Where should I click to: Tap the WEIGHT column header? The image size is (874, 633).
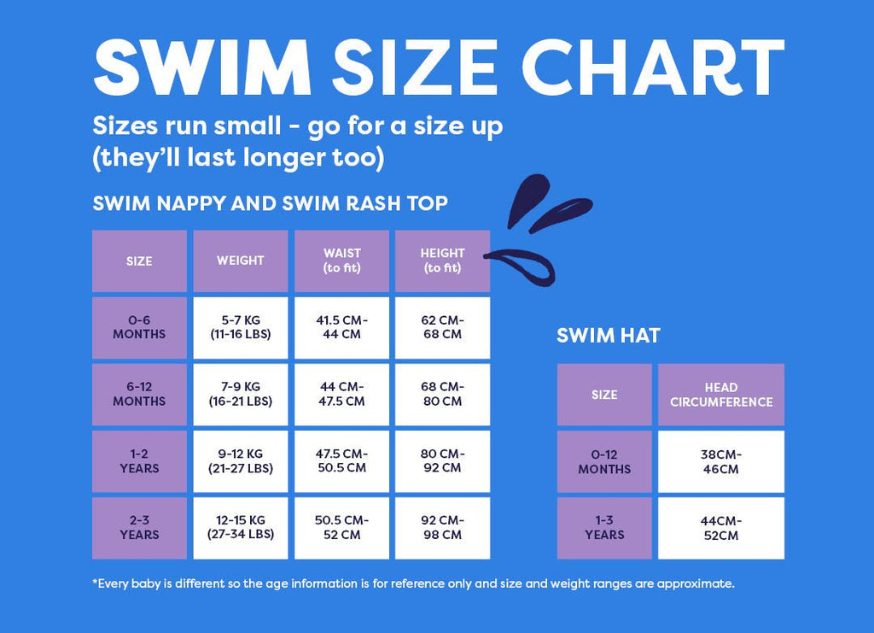[240, 261]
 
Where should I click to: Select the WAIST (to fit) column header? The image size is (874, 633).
[341, 261]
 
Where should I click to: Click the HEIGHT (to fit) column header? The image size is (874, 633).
[442, 261]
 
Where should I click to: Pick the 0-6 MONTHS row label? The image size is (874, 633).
[139, 327]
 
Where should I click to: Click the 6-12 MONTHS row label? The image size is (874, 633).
[139, 394]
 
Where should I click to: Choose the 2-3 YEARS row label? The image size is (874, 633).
[139, 528]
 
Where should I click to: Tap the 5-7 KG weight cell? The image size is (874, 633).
[240, 327]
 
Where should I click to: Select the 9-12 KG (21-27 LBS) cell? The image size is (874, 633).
[240, 461]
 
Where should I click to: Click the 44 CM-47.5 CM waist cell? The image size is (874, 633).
[341, 394]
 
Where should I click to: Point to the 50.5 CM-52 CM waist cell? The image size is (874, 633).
[341, 528]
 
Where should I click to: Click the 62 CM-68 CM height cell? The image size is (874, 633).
[442, 327]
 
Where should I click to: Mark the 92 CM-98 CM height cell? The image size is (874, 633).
[442, 528]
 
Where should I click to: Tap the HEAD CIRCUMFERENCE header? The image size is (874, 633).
[721, 395]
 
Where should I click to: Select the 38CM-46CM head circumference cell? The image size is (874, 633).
[721, 461]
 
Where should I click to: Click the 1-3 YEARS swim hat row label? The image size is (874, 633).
[604, 528]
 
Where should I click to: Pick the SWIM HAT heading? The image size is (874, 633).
[608, 336]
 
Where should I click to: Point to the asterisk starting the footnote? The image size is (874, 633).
[95, 583]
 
